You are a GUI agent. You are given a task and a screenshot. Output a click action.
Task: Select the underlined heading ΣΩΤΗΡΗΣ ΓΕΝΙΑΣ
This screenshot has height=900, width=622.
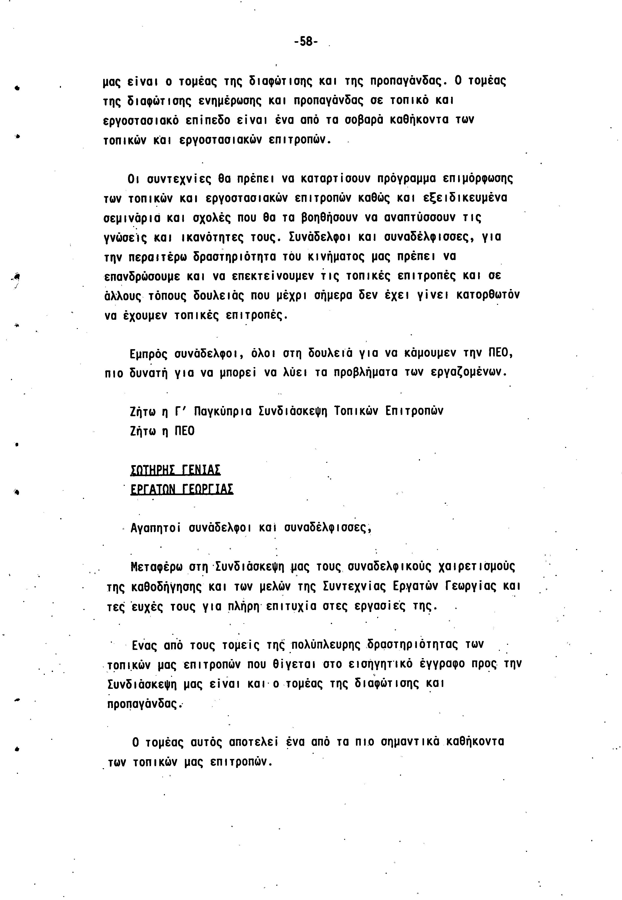(175, 469)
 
